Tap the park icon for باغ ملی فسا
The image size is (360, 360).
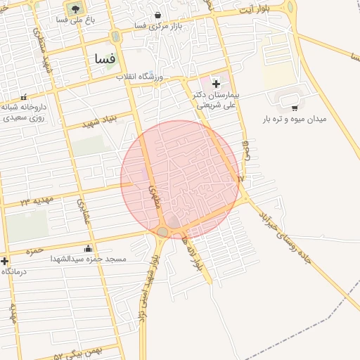[74, 9]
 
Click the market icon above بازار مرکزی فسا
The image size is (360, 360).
[157, 14]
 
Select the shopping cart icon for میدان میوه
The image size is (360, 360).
[294, 108]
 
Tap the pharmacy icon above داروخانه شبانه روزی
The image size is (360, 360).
[25, 97]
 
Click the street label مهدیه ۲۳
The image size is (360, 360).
[37, 202]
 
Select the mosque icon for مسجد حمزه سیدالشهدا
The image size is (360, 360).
[87, 247]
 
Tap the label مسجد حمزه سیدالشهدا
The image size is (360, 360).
[87, 259]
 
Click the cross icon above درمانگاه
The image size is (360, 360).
[6, 260]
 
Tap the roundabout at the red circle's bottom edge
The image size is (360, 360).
[163, 231]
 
